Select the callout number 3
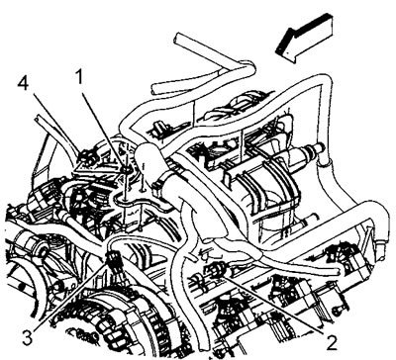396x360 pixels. tap(30, 336)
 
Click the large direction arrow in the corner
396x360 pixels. tap(304, 38)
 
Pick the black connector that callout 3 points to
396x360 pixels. tap(113, 261)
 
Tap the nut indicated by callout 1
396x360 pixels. tap(127, 169)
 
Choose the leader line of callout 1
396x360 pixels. tap(103, 130)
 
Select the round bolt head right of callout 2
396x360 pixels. tap(338, 310)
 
